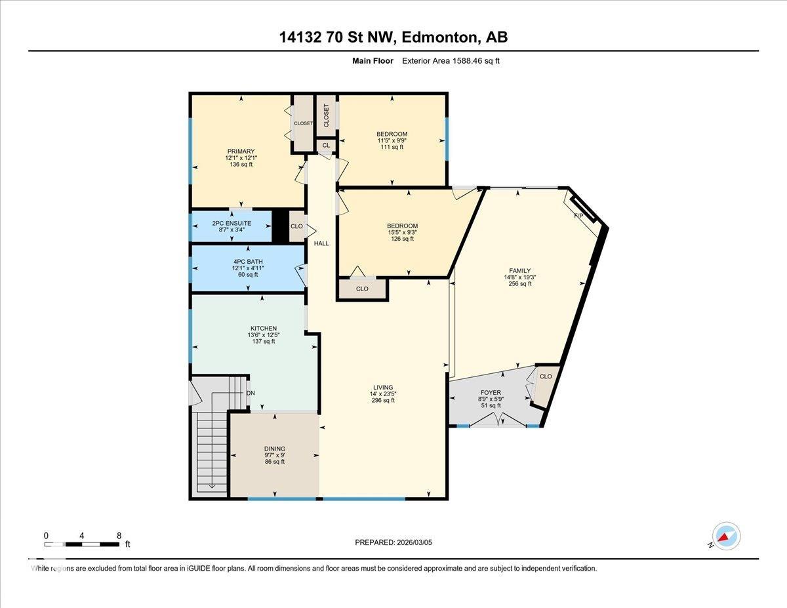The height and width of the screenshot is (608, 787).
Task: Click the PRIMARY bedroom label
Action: (x=241, y=152)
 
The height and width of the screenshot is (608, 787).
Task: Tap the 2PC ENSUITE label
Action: (x=232, y=223)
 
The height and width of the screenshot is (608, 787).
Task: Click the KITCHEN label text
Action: (x=263, y=329)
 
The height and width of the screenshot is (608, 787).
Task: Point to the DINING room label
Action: (x=274, y=449)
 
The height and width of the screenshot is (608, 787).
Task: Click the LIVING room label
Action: (x=384, y=387)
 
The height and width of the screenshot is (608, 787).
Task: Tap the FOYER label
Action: (x=490, y=393)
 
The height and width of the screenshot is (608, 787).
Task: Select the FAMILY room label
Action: (x=520, y=270)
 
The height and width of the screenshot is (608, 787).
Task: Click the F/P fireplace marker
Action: (x=579, y=216)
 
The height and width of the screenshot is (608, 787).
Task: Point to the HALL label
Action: (x=321, y=243)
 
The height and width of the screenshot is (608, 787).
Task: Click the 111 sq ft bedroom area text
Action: (x=392, y=148)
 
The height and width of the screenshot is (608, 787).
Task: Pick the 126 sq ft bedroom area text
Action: (x=402, y=239)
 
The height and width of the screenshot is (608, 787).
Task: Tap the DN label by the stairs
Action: (x=250, y=394)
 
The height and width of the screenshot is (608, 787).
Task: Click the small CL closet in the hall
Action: (x=326, y=146)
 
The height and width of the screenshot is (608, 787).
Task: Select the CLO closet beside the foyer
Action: (x=546, y=376)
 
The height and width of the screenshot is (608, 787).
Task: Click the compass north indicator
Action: (x=725, y=536)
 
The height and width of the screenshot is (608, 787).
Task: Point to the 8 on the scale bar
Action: (x=119, y=535)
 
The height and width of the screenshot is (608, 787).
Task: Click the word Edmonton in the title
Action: (x=439, y=37)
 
